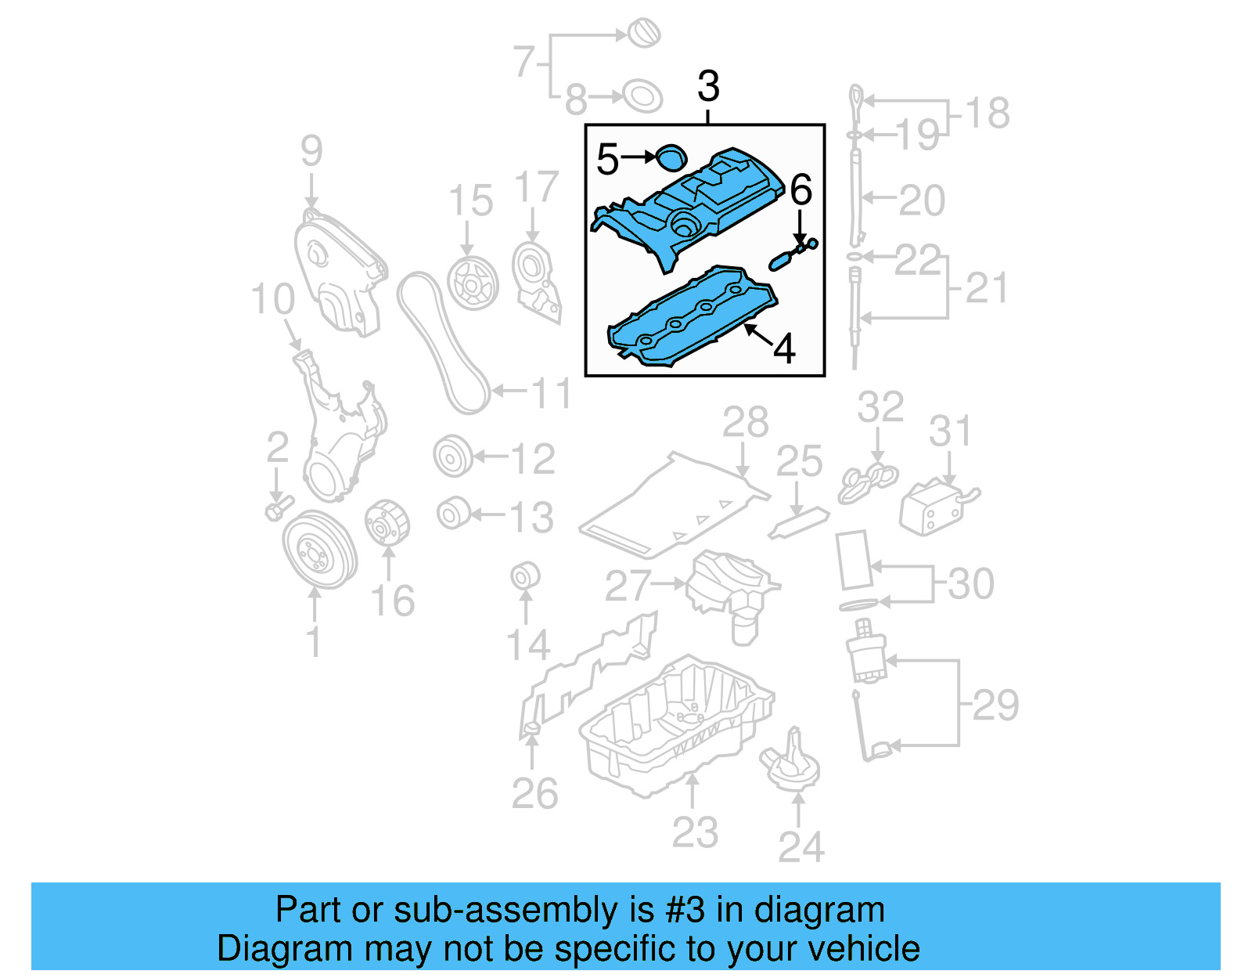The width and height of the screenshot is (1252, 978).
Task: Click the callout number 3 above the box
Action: coord(707,86)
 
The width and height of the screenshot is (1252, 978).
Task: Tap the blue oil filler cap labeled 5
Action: coord(670,157)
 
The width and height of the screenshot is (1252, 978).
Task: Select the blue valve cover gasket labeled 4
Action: coord(689,317)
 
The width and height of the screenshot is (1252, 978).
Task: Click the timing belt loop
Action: coord(442,345)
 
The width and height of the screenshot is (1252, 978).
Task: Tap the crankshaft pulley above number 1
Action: coord(318,550)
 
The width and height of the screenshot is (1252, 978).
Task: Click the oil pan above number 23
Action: coord(677,724)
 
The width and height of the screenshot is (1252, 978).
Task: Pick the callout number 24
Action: coord(800,847)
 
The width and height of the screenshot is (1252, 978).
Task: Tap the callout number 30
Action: coord(970,584)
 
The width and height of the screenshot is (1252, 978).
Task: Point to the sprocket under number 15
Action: coord(473,283)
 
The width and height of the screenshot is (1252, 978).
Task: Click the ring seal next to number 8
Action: coord(642,97)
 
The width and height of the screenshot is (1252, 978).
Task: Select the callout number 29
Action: coord(995,705)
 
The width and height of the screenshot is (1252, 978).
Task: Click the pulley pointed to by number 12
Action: coord(453,457)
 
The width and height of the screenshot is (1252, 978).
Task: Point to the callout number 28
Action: coord(745,423)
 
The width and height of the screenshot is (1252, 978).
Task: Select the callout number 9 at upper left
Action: coord(311,150)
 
